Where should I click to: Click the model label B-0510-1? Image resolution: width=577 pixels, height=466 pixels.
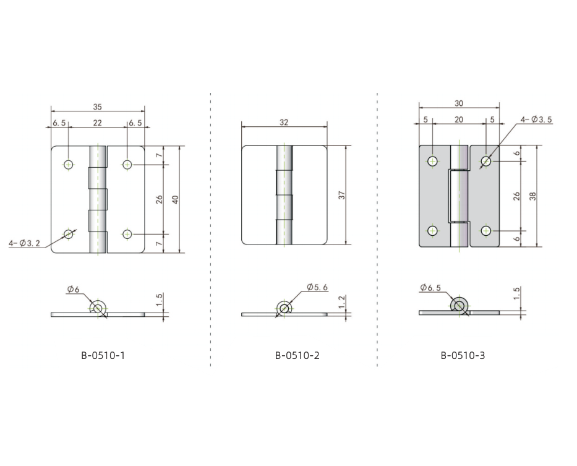tap(103, 355)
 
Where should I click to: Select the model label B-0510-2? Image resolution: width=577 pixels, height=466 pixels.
tap(297, 355)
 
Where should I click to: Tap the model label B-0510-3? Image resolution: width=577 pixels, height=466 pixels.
tap(463, 355)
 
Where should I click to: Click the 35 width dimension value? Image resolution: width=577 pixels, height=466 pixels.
tap(97, 107)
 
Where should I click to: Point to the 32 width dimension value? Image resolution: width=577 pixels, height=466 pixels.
tap(284, 123)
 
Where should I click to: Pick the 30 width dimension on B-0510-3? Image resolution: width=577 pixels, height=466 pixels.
tap(458, 103)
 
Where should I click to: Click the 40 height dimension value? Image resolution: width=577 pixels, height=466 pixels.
tap(176, 200)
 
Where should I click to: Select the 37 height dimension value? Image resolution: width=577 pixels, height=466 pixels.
tap(342, 195)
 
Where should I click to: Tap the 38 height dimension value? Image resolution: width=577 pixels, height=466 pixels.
tap(532, 196)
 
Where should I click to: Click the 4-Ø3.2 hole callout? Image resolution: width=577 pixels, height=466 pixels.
tap(24, 243)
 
